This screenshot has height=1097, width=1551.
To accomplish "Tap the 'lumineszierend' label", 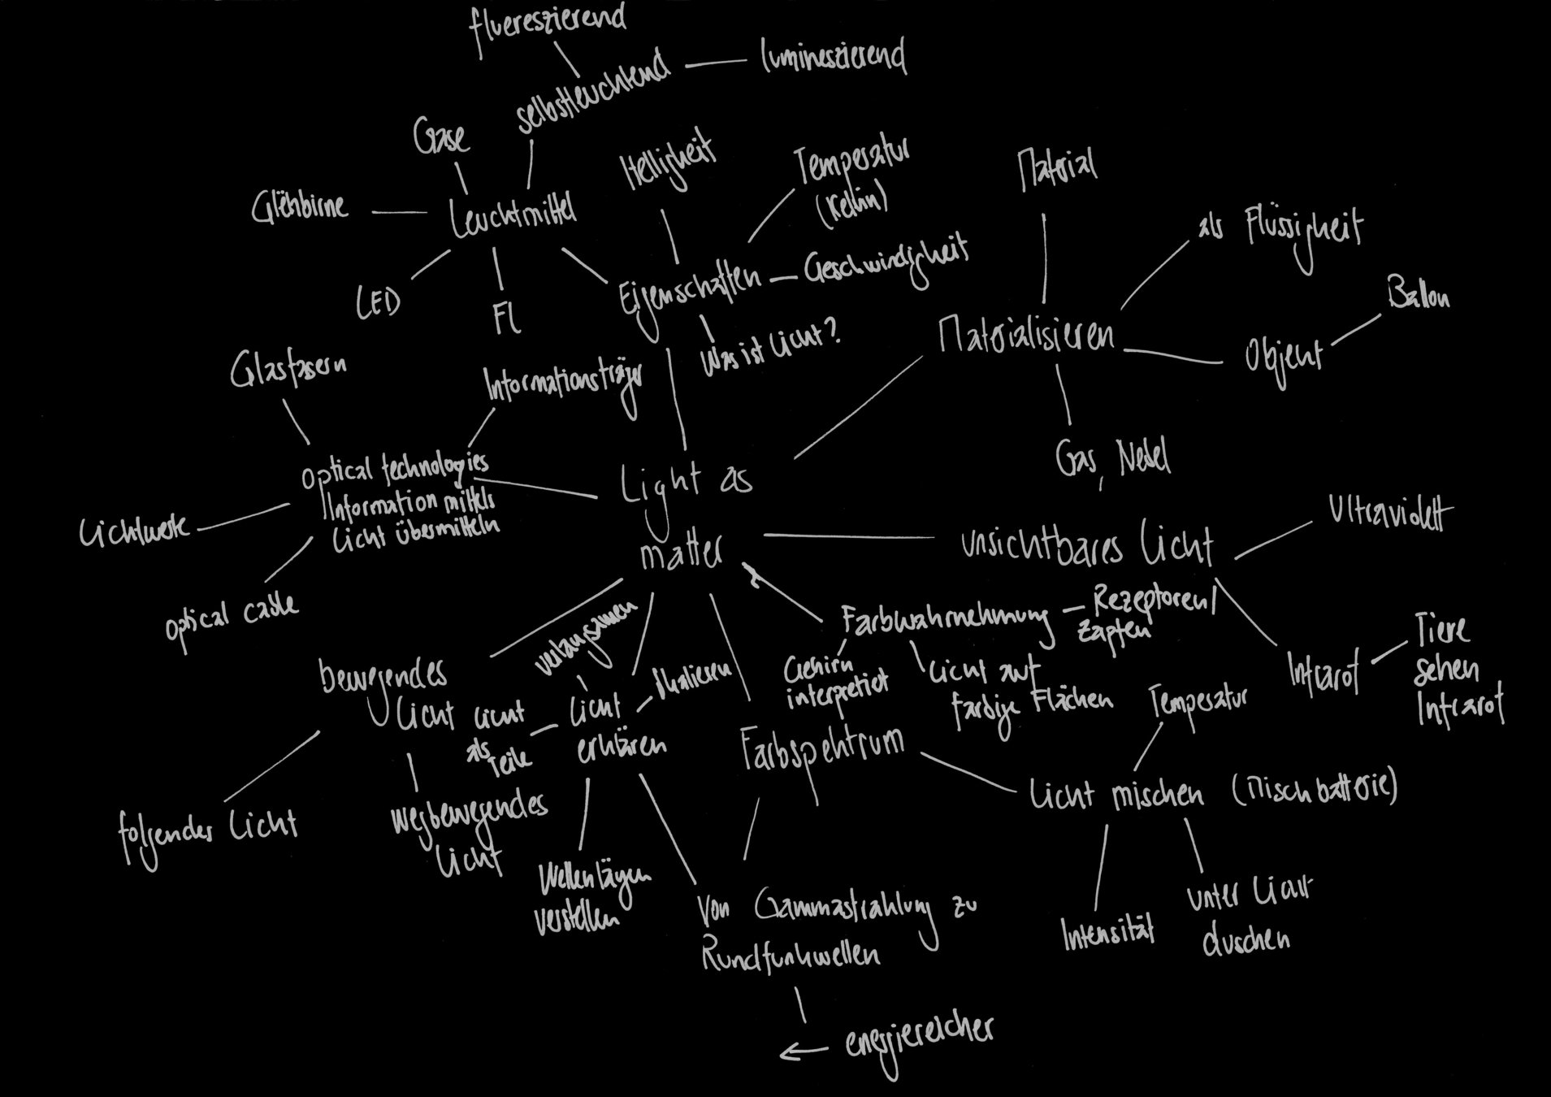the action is pos(834,57).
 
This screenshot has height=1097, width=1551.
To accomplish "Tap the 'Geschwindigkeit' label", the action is pos(886,265).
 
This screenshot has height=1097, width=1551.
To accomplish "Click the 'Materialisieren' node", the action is pos(1026,334).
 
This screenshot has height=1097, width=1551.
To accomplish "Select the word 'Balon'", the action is pos(1418,294).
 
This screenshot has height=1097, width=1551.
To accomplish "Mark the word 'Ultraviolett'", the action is pos(1390,514).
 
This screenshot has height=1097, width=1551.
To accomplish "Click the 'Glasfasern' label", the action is pos(288,370).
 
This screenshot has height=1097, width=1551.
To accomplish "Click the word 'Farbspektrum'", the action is pos(821,748).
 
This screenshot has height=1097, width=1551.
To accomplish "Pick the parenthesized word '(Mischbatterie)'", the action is pos(1314,787).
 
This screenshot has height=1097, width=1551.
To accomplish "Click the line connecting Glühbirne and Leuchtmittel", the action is pos(399,213).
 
